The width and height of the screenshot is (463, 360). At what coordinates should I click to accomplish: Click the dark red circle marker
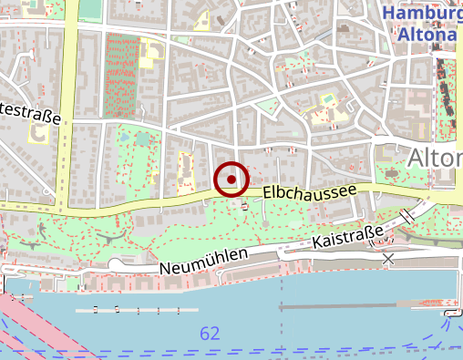pyautogui.click(x=231, y=179)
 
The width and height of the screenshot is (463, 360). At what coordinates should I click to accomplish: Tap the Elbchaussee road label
pyautogui.click(x=307, y=192)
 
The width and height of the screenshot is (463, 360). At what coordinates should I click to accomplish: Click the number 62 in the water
pyautogui.click(x=210, y=334)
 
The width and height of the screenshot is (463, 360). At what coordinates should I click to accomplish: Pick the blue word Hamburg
pyautogui.click(x=422, y=14)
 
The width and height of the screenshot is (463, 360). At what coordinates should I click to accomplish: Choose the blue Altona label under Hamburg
pyautogui.click(x=427, y=35)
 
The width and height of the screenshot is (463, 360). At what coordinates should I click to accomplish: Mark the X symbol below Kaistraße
pyautogui.click(x=389, y=260)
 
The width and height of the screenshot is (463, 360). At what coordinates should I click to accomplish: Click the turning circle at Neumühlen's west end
pyautogui.click(x=115, y=265)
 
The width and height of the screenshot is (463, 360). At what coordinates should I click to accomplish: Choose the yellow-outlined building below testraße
pyautogui.click(x=40, y=135)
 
